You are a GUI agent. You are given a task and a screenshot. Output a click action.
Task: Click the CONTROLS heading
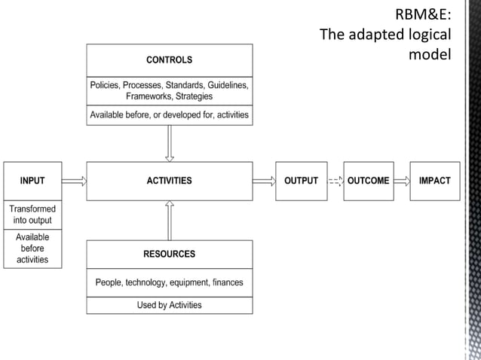click(169, 59)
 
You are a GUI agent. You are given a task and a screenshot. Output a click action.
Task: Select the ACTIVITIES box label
click(169, 181)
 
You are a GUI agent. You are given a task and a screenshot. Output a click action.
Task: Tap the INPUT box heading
click(32, 181)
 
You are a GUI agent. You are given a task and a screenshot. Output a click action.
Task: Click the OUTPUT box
click(301, 181)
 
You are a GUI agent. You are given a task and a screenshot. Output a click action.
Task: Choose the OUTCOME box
click(369, 181)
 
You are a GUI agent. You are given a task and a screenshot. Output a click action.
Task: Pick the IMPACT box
click(434, 181)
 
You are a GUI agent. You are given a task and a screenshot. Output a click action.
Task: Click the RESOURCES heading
click(169, 254)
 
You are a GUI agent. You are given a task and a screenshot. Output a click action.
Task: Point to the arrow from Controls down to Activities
click(170, 143)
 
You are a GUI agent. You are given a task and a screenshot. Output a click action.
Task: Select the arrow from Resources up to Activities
click(170, 220)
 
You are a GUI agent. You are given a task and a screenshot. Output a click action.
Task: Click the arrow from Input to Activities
click(74, 181)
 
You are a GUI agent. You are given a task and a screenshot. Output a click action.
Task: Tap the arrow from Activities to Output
click(264, 181)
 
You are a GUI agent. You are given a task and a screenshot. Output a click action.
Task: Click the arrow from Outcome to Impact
click(400, 181)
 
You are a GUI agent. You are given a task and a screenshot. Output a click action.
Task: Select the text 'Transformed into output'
click(32, 215)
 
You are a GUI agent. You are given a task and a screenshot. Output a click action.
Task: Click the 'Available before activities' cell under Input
click(32, 249)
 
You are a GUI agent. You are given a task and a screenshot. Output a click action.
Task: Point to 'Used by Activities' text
click(169, 305)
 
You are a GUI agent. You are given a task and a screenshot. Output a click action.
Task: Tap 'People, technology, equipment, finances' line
click(169, 283)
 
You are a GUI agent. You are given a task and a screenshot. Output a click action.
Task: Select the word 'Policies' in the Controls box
click(108, 86)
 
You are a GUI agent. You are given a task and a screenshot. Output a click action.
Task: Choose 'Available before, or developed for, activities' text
click(169, 115)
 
